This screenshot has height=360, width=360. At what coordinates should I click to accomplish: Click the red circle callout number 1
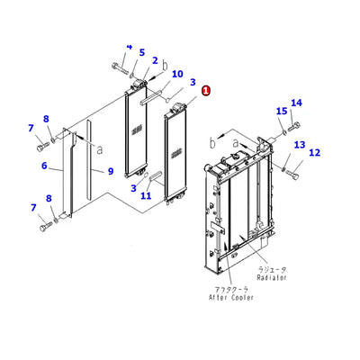click(x=206, y=91)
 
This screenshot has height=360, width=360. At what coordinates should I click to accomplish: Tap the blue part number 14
click(x=296, y=103)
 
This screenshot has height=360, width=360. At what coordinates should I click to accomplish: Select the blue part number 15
click(x=282, y=112)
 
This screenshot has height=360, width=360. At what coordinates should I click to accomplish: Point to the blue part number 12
click(x=314, y=153)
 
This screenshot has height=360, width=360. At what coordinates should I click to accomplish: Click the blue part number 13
click(x=300, y=145)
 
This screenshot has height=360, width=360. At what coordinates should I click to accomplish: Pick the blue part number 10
click(x=177, y=74)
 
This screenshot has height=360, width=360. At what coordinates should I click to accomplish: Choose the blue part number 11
click(x=146, y=196)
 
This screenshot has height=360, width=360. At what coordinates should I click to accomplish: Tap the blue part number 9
click(x=111, y=171)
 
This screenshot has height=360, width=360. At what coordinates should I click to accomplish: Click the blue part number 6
click(x=44, y=166)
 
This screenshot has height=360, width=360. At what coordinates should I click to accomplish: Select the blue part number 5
click(x=142, y=52)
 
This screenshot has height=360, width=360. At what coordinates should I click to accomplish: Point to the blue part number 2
click(x=155, y=60)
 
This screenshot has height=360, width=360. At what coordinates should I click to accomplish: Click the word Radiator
click(x=272, y=277)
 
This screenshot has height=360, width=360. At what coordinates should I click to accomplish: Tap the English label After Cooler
click(x=231, y=298)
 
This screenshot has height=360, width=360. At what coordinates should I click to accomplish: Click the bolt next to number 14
click(x=294, y=127)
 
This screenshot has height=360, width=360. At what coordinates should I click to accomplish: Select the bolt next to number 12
click(x=292, y=173)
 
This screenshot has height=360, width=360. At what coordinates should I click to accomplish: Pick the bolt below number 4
click(x=119, y=67)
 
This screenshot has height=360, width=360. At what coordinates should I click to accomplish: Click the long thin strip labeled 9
click(x=88, y=159)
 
